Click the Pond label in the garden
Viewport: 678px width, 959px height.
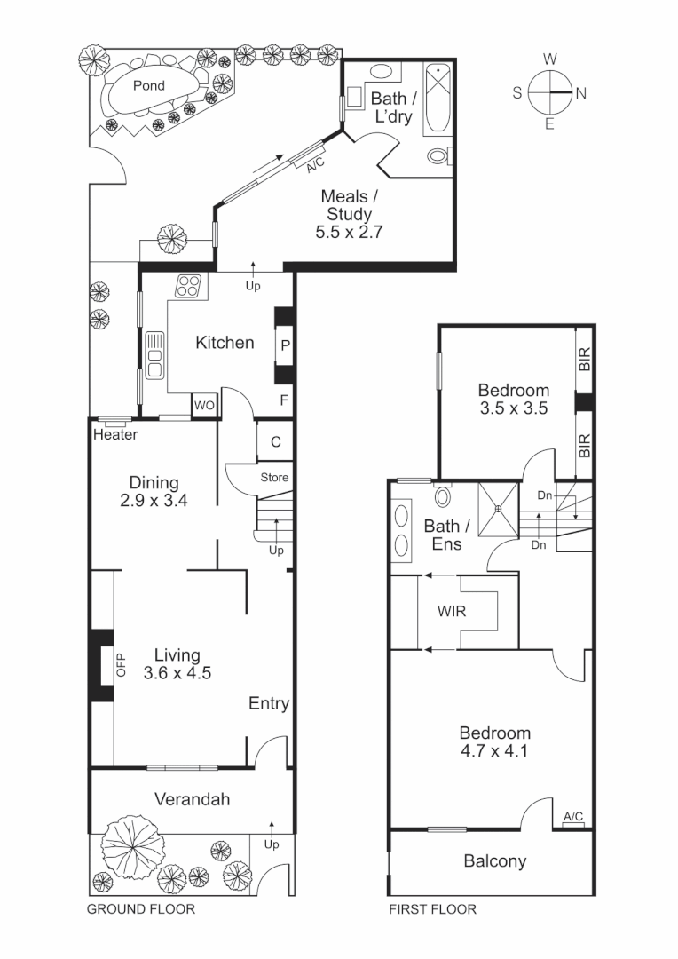pos(148,86)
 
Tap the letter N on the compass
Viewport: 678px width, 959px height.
pos(580,92)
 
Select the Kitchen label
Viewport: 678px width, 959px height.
pos(225,343)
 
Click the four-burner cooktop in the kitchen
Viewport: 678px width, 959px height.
pos(188,286)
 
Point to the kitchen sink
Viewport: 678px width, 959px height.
pos(154,355)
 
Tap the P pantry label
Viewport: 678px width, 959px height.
pos(285,346)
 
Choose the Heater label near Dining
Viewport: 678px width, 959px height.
pos(115,435)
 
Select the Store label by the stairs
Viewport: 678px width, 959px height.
pos(274,478)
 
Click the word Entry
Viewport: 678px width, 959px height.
pos(268,704)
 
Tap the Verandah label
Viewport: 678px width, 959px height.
pos(192,799)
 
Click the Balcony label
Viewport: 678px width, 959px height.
pos(494,860)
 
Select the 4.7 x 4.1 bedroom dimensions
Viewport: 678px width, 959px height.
pos(494,751)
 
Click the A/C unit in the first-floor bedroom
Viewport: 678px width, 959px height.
pos(572,818)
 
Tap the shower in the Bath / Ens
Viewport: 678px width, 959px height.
pos(498,509)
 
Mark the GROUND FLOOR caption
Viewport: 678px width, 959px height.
pos(140,909)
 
